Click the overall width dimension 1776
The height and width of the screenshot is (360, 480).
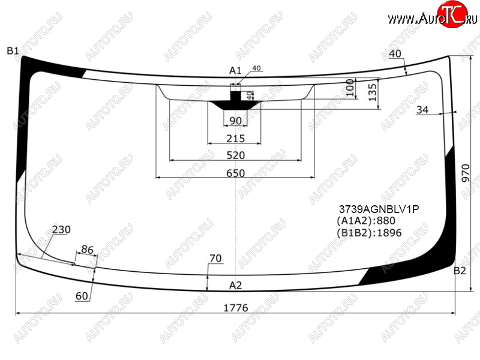(235, 307)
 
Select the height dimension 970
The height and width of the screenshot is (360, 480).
(466, 173)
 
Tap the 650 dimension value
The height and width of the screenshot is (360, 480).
(235, 173)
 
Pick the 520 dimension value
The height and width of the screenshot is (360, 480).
(235, 155)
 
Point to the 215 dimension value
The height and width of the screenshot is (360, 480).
(235, 139)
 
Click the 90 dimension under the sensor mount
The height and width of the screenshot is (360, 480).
(235, 121)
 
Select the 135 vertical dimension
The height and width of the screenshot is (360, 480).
(372, 92)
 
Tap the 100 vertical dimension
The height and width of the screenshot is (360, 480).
(350, 88)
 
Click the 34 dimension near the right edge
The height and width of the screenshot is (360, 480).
(422, 110)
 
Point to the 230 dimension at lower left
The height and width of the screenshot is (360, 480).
(61, 229)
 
